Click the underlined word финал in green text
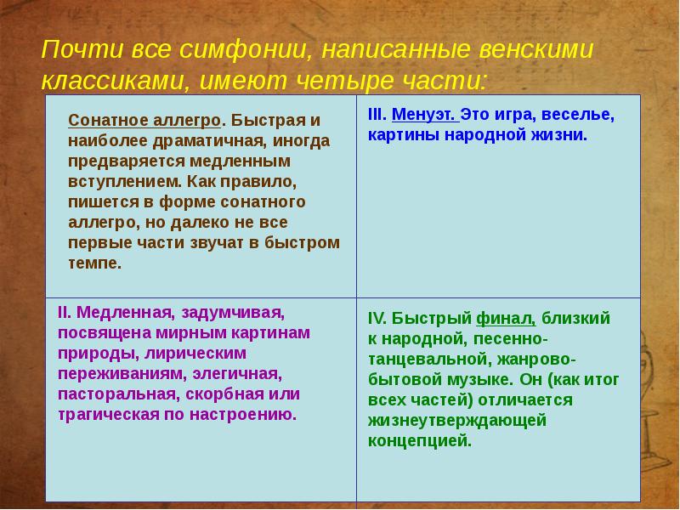point(506,319)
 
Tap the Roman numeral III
point(377,115)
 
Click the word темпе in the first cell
point(94,263)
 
